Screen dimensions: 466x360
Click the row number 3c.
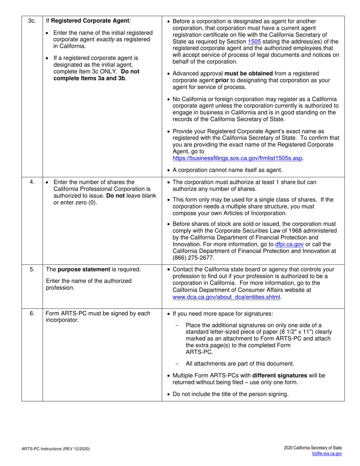[x=32, y=21]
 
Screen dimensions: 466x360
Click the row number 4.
[x=32, y=182]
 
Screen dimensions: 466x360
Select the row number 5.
[x=32, y=269]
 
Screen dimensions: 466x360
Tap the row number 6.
[x=32, y=313]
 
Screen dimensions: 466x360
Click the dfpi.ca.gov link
[x=289, y=244]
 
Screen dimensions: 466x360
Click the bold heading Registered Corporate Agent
[x=91, y=21]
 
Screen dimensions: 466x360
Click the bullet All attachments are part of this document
[x=239, y=364]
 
